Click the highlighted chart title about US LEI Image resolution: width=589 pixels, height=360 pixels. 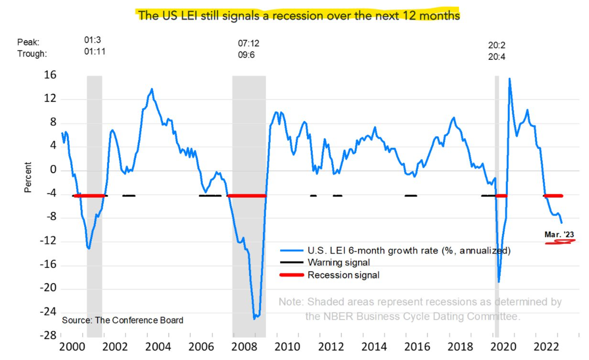298,15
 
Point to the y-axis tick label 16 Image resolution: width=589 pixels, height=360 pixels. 50,75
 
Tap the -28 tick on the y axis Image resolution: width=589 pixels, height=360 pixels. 48,335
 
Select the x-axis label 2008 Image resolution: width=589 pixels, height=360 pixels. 244,347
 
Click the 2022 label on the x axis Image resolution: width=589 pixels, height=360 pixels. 546,347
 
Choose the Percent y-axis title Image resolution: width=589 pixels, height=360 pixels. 28,177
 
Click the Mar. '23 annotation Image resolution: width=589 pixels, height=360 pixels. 559,234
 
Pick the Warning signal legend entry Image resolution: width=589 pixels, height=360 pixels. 338,262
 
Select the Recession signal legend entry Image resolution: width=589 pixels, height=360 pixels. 343,275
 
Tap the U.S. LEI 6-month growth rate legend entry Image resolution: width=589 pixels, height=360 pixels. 409,250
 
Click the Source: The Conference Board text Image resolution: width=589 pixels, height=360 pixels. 122,320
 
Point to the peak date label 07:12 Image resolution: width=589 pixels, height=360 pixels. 248,43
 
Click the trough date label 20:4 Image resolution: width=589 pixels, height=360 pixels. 496,57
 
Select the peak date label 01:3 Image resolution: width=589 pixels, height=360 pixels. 92,40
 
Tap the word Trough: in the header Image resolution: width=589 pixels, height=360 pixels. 32,54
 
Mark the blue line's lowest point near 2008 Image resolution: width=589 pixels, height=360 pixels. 254,318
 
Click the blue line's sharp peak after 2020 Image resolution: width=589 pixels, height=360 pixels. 509,79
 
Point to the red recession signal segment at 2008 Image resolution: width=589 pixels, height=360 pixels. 247,196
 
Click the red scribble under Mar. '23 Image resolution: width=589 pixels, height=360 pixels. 560,242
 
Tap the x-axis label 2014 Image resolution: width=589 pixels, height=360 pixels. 374,347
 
